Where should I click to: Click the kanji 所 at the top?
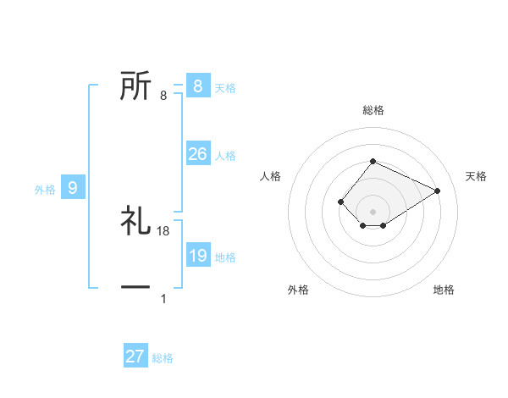[x=135, y=86]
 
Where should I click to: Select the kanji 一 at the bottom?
[x=135, y=288]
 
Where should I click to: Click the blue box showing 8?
[x=197, y=86]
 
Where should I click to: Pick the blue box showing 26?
[x=197, y=154]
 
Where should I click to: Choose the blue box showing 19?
[x=197, y=255]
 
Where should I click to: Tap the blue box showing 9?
[x=73, y=188]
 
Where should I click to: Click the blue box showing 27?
[x=135, y=357]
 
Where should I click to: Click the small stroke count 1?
[x=163, y=299]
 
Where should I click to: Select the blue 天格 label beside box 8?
[x=225, y=87]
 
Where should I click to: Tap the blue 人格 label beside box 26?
[x=225, y=156]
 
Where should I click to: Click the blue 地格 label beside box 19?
[x=225, y=257]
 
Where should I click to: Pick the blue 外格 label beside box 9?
[x=45, y=190]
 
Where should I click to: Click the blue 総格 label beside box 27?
[x=163, y=358]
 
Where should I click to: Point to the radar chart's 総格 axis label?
[x=373, y=110]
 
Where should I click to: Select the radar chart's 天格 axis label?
[x=477, y=176]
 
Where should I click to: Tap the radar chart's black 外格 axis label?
[x=298, y=290]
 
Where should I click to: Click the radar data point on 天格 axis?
[x=438, y=191]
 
